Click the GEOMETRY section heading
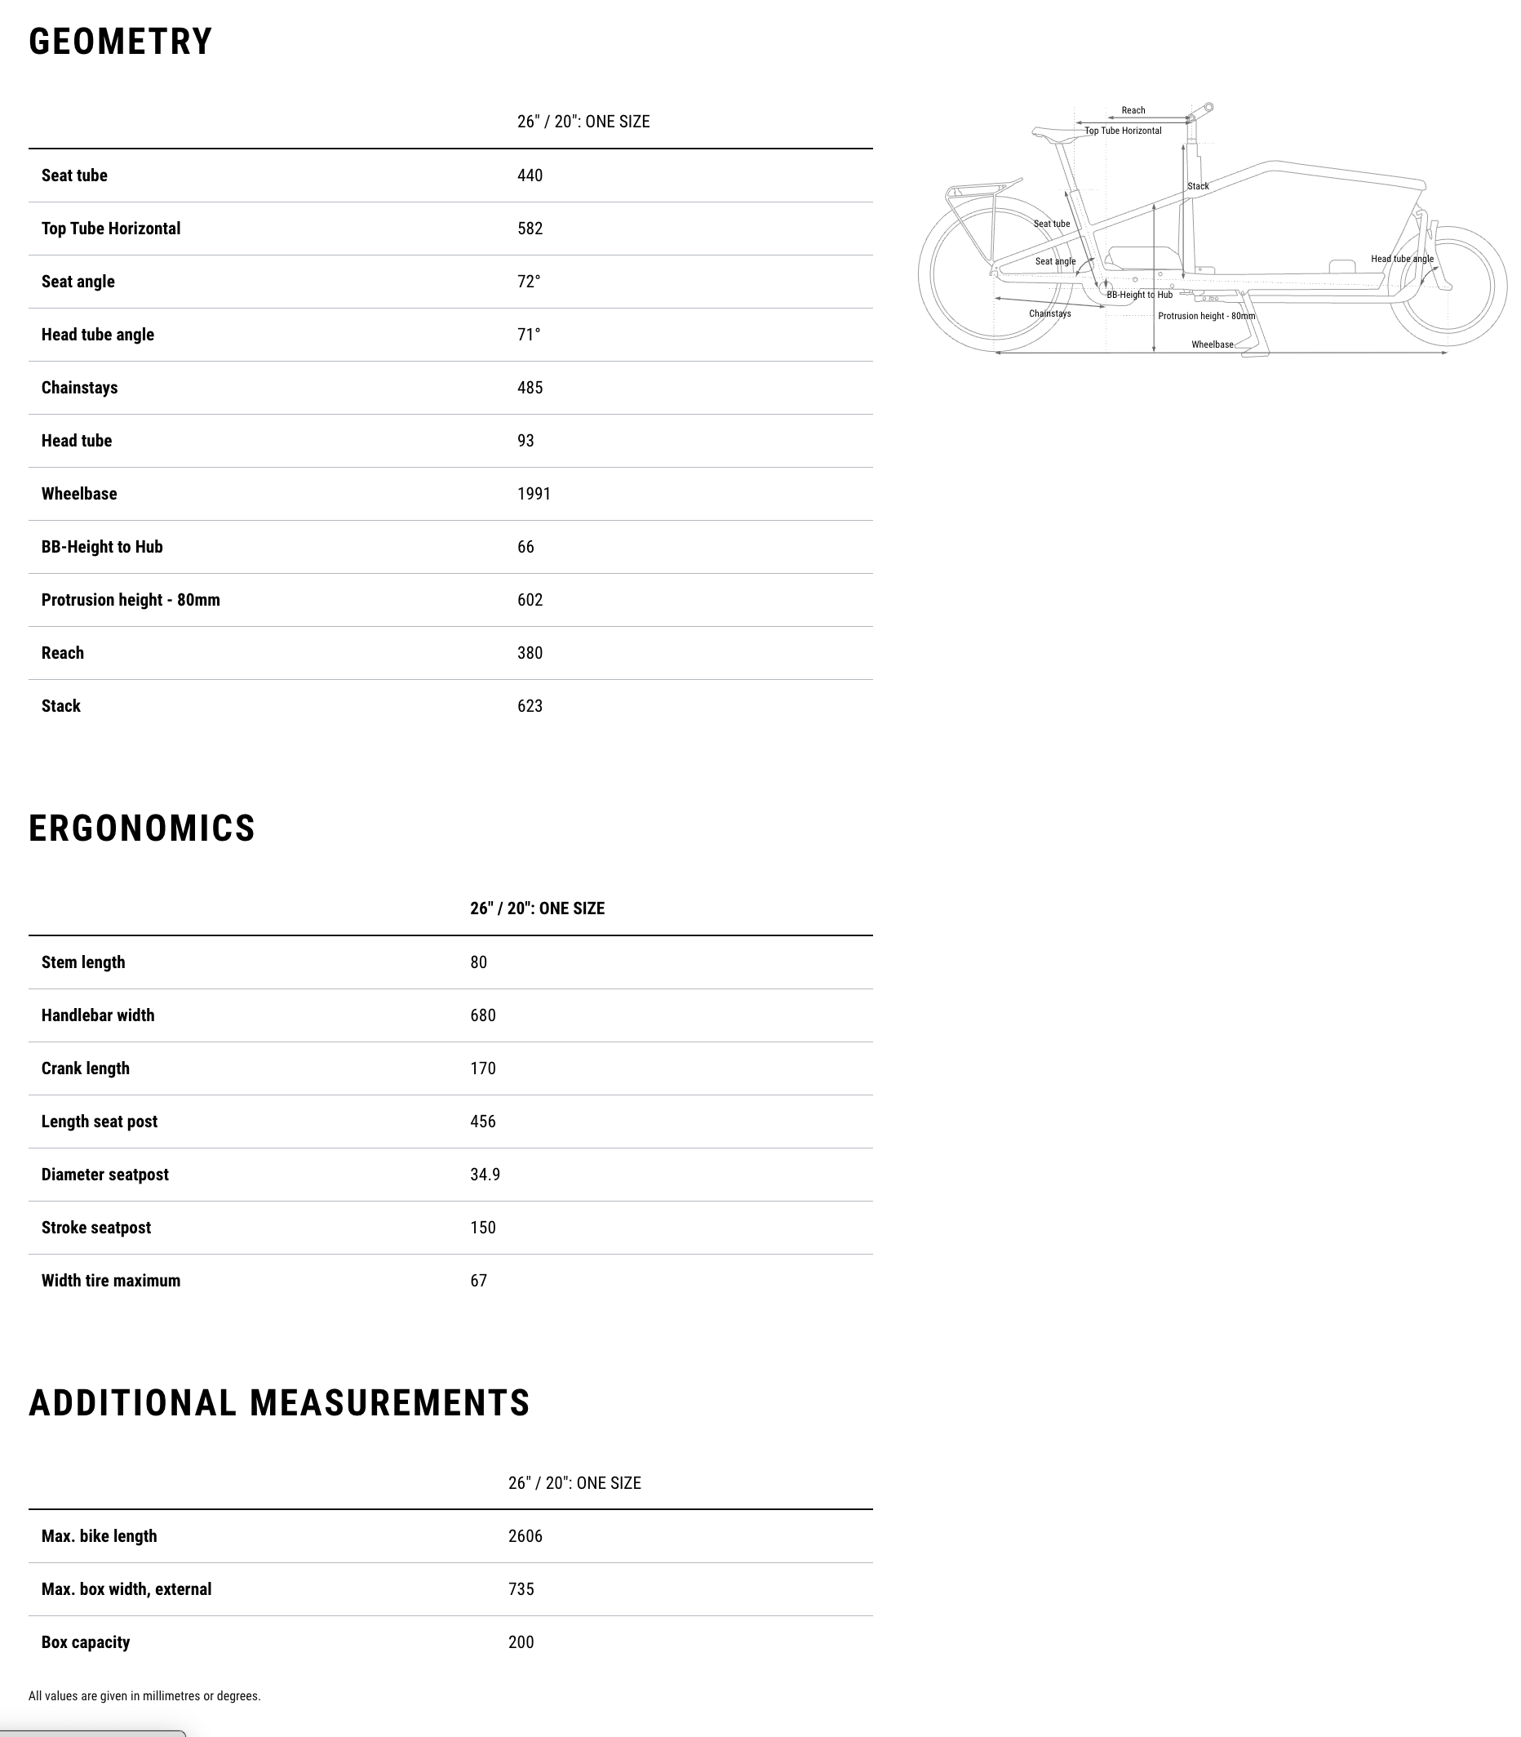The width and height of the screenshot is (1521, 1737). [120, 42]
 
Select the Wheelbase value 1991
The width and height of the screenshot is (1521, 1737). [533, 494]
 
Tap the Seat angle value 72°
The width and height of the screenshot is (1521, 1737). [528, 282]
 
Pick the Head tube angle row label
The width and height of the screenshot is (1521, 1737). [98, 335]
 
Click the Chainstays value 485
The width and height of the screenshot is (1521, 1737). [530, 388]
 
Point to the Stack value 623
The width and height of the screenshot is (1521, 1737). [530, 706]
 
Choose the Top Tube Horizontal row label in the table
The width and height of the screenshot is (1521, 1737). [110, 229]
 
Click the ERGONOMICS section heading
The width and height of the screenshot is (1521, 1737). [142, 829]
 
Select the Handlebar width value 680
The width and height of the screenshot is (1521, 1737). [482, 1015]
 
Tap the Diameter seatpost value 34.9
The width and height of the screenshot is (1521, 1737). [485, 1175]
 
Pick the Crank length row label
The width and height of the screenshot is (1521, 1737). [85, 1068]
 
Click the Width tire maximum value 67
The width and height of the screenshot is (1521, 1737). [478, 1281]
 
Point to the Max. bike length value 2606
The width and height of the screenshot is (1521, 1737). [525, 1537]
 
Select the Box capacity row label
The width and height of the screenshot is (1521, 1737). [85, 1643]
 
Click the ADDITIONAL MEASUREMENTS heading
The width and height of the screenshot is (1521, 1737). [279, 1403]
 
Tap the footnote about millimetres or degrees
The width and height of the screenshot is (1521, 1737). [144, 1696]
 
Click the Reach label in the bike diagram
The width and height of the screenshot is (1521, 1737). [1133, 110]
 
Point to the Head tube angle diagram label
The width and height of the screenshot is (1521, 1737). [1401, 259]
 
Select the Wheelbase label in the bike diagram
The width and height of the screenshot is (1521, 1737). [1211, 344]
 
